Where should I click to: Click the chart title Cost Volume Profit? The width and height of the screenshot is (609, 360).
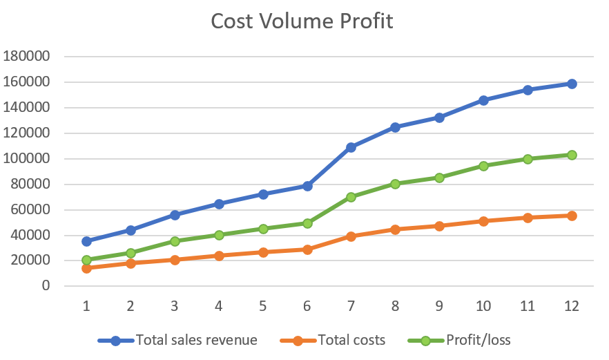tap(302, 21)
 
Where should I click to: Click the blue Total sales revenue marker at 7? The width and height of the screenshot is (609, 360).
tap(351, 147)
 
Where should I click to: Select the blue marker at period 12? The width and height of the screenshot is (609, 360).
tap(571, 84)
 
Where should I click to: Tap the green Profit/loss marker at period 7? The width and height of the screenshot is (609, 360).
tap(351, 197)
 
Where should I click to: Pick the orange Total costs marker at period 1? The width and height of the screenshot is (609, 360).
tap(86, 268)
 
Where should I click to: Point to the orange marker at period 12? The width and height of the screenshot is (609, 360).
tap(571, 216)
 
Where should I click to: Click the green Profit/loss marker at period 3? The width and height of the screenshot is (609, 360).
tap(175, 241)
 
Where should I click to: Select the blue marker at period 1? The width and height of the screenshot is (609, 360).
tap(86, 241)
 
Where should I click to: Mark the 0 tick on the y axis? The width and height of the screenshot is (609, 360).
tap(46, 285)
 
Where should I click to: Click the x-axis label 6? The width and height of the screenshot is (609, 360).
tap(307, 305)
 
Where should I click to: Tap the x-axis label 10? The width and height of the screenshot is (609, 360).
tap(483, 305)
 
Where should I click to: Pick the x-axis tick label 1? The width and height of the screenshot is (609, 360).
tap(86, 305)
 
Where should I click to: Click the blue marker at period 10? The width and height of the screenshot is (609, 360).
tap(483, 100)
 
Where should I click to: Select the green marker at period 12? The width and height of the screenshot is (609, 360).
tap(571, 155)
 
